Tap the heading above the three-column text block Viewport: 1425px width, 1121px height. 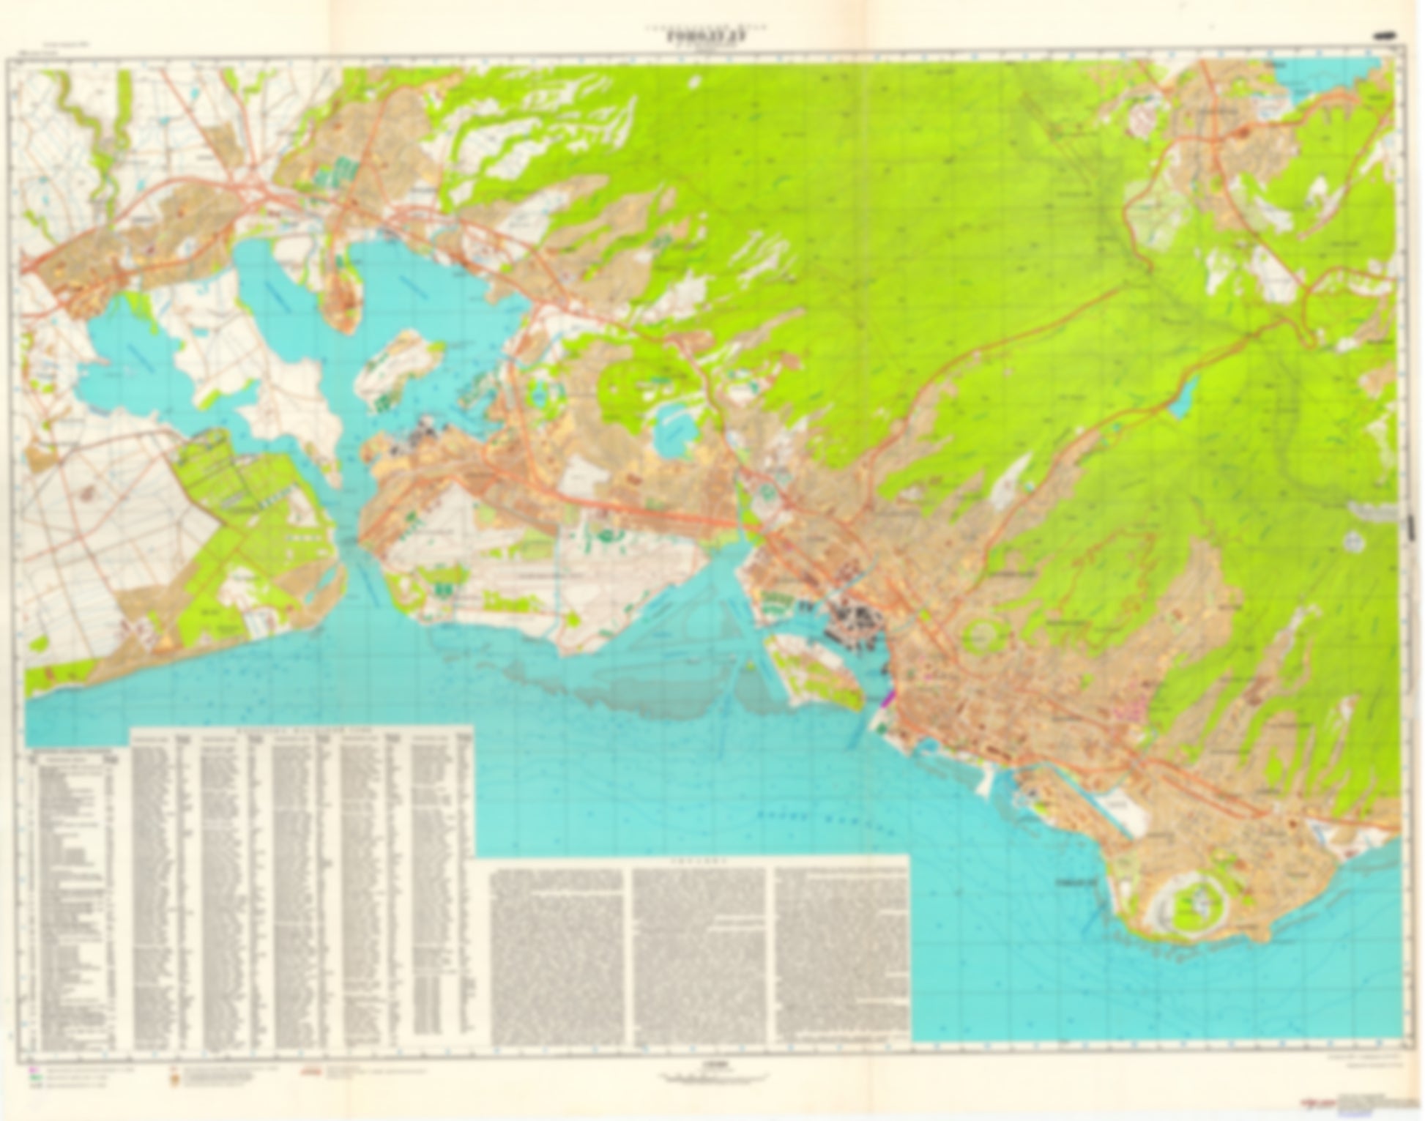[x=701, y=863]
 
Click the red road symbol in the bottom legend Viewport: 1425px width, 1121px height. [x=311, y=1070]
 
